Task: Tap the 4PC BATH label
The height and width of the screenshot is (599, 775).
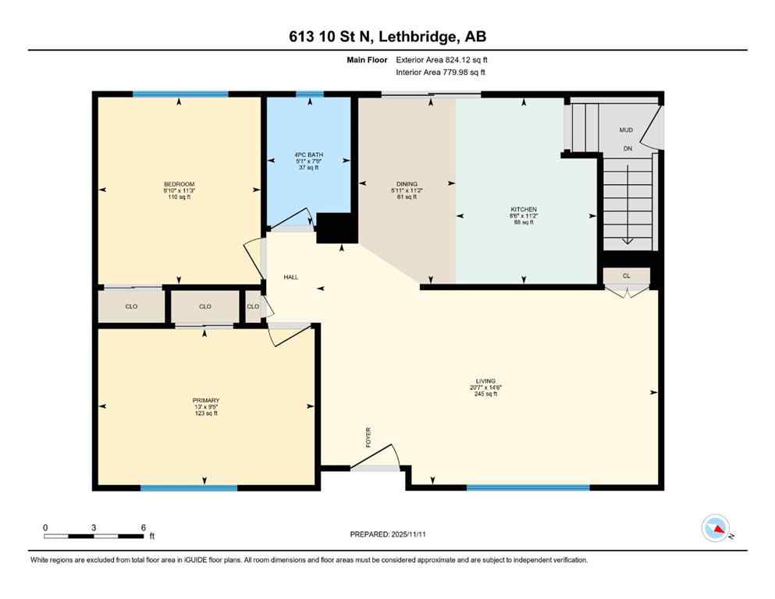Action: [x=310, y=154]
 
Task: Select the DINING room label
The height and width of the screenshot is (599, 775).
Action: [x=406, y=184]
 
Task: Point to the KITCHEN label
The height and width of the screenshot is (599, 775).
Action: [x=522, y=210]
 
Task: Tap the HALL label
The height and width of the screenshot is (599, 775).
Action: [x=291, y=277]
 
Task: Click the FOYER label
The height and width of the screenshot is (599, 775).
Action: [x=368, y=438]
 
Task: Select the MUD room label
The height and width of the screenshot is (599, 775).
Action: [x=626, y=130]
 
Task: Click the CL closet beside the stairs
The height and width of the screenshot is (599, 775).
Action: [x=626, y=276]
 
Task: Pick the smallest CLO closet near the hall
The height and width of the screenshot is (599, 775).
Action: [x=253, y=307]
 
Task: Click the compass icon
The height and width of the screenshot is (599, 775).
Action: [x=715, y=528]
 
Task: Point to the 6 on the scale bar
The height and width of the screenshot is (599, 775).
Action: [x=143, y=527]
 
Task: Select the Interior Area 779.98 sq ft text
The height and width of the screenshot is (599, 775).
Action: [x=440, y=73]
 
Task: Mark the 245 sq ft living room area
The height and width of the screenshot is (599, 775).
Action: [x=485, y=394]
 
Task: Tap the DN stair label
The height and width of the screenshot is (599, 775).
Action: [x=627, y=148]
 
